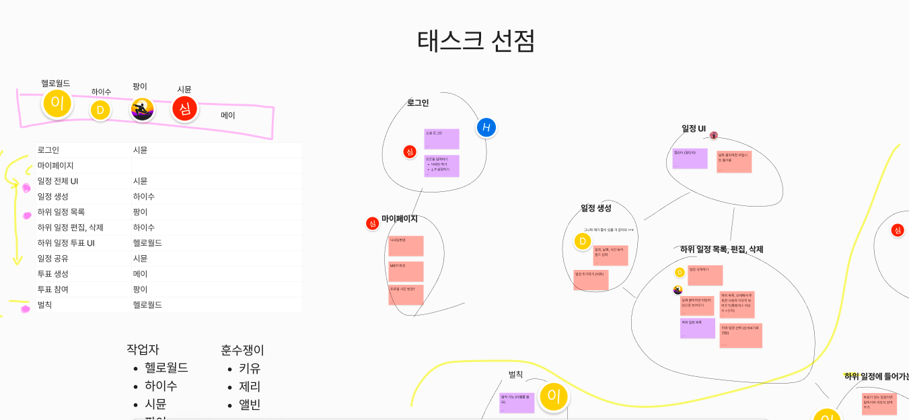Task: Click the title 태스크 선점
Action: click(476, 41)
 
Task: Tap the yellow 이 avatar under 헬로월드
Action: click(57, 104)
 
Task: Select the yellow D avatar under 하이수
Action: click(100, 110)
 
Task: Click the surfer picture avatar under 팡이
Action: click(142, 109)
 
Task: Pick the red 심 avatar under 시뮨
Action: click(184, 109)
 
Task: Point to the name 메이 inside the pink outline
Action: click(228, 116)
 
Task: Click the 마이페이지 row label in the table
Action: click(55, 166)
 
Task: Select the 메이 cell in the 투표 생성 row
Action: click(141, 274)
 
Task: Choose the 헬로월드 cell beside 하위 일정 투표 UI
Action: click(147, 243)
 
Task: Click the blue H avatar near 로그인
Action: click(486, 127)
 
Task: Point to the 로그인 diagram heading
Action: click(418, 103)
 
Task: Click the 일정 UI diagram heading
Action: click(694, 129)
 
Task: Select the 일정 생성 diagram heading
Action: click(596, 208)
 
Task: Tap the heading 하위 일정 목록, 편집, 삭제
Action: click(721, 250)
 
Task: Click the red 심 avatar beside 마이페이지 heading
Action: click(372, 223)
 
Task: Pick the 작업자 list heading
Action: click(143, 349)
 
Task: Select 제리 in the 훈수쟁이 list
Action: click(250, 386)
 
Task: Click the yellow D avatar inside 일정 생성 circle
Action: click(583, 242)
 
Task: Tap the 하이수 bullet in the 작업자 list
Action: click(161, 386)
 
